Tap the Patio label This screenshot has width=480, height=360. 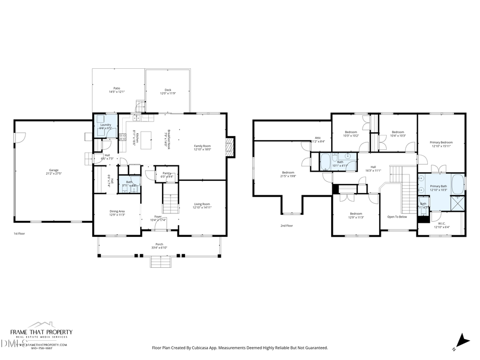click(116, 88)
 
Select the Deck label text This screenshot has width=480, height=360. click(168, 90)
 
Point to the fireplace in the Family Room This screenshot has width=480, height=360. click(230, 148)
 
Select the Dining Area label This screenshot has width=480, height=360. click(117, 212)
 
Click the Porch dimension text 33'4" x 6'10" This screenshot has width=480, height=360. click(159, 247)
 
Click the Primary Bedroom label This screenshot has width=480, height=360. click(441, 142)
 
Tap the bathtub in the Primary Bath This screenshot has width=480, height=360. click(458, 185)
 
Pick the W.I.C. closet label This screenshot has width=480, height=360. click(442, 224)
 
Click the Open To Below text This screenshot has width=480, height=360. click(397, 217)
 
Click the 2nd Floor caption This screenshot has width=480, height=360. click(287, 226)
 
